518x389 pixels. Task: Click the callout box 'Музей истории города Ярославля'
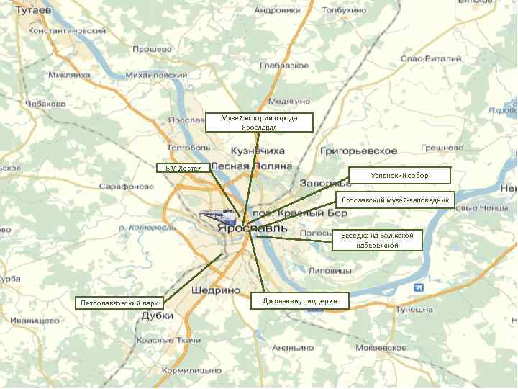tap(259, 122)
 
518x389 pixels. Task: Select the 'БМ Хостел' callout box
tap(183, 168)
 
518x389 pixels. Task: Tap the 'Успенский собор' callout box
tap(399, 175)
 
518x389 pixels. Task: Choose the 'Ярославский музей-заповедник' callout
tap(395, 200)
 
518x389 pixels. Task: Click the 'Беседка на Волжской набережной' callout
tap(376, 240)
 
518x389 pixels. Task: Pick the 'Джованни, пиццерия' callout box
tap(300, 300)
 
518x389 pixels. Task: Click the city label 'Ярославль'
tap(252, 228)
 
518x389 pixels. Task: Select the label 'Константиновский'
tap(66, 32)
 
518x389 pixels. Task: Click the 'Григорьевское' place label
tap(358, 151)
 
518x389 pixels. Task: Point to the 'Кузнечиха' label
tap(258, 151)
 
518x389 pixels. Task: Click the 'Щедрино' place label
tap(217, 290)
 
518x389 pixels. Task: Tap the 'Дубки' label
tap(157, 316)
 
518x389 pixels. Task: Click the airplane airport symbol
tap(419, 288)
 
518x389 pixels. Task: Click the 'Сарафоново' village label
tap(126, 186)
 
